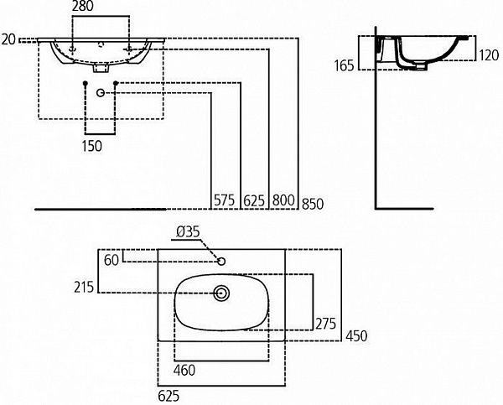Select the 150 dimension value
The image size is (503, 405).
tap(92, 146)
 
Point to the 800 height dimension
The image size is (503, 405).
tap(283, 201)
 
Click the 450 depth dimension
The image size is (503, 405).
tap(356, 336)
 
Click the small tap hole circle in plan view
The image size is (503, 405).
tap(221, 262)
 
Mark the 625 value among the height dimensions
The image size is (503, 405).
tap(254, 201)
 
